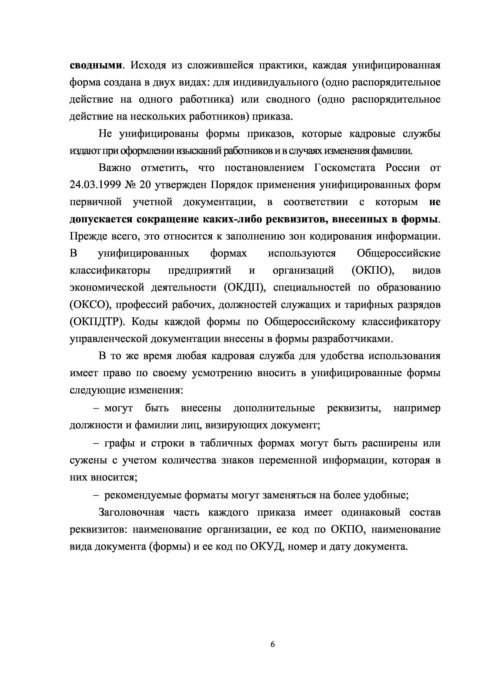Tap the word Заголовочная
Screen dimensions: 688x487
click(x=131, y=513)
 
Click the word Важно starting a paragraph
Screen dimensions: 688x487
click(x=115, y=168)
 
